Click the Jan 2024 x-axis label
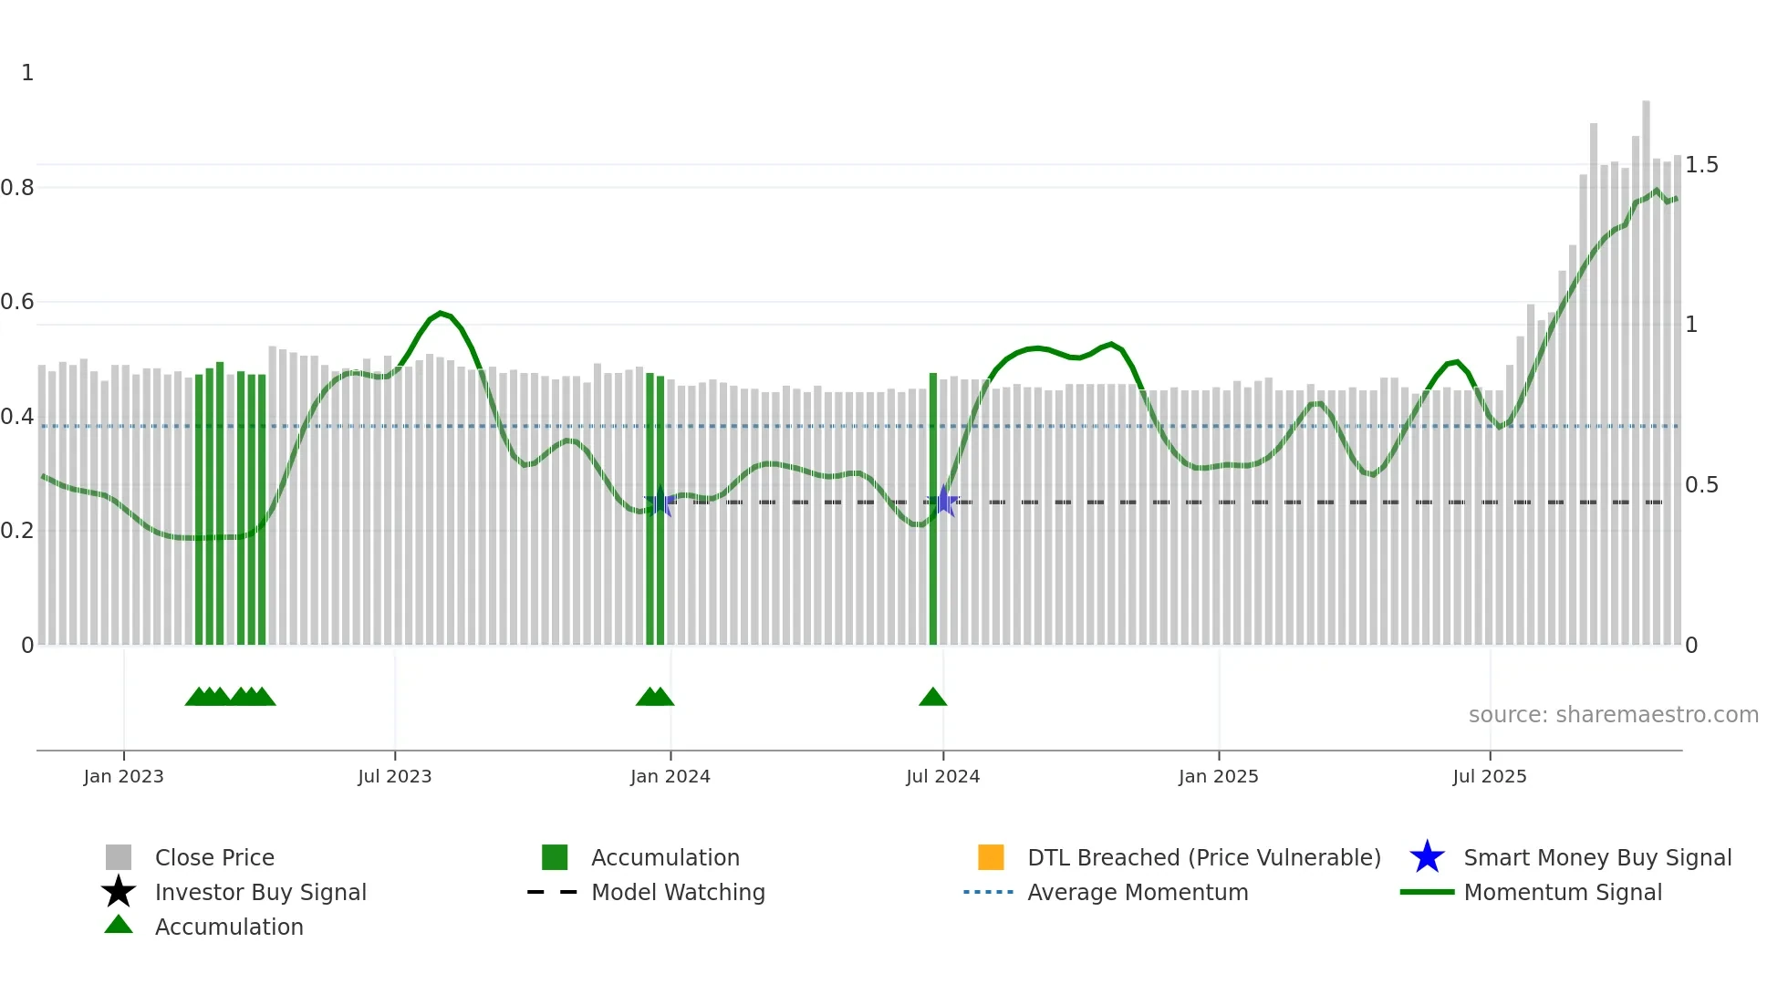pos(670,777)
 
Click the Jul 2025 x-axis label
pos(1489,777)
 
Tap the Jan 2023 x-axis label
pos(123,777)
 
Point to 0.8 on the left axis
pos(17,188)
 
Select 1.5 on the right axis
pos(1701,165)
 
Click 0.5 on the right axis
pos(1701,485)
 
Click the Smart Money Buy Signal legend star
pos(1427,857)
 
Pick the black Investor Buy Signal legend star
pos(119,892)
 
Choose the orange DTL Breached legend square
pos(991,857)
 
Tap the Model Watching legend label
pos(678,892)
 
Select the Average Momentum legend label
pos(1138,892)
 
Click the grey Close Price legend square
pos(119,857)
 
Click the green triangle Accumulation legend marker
pos(119,925)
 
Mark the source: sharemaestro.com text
pos(1613,715)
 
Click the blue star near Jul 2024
pos(944,502)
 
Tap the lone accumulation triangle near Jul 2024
pos(932,698)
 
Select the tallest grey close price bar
pos(1646,365)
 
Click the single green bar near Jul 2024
pos(933,511)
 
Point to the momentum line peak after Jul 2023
pos(441,313)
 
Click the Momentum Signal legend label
pos(1563,892)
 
